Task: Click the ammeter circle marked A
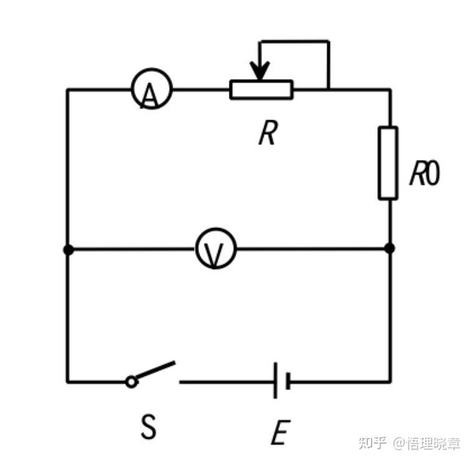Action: point(152,90)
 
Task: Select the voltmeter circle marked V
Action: point(216,249)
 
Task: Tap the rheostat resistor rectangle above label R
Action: point(261,90)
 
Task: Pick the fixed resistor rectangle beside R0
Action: point(388,163)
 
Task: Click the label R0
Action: point(425,174)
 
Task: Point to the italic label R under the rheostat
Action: point(267,133)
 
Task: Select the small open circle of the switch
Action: point(131,381)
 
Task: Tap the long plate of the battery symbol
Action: point(275,381)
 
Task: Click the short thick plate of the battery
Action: point(287,381)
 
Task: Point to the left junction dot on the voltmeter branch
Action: point(68,249)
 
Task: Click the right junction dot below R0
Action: point(390,249)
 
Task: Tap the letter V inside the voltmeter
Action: point(215,253)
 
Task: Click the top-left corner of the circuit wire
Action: point(67,90)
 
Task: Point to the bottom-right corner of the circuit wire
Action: point(390,381)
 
